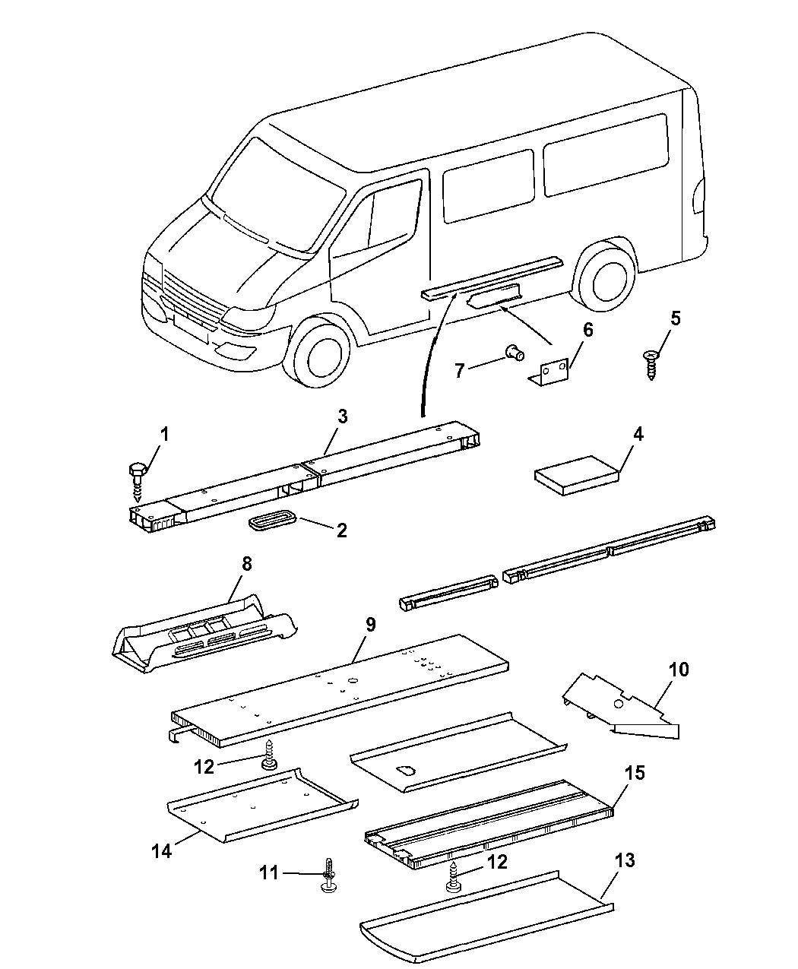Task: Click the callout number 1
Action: pos(163,435)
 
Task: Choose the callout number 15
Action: pos(634,773)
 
